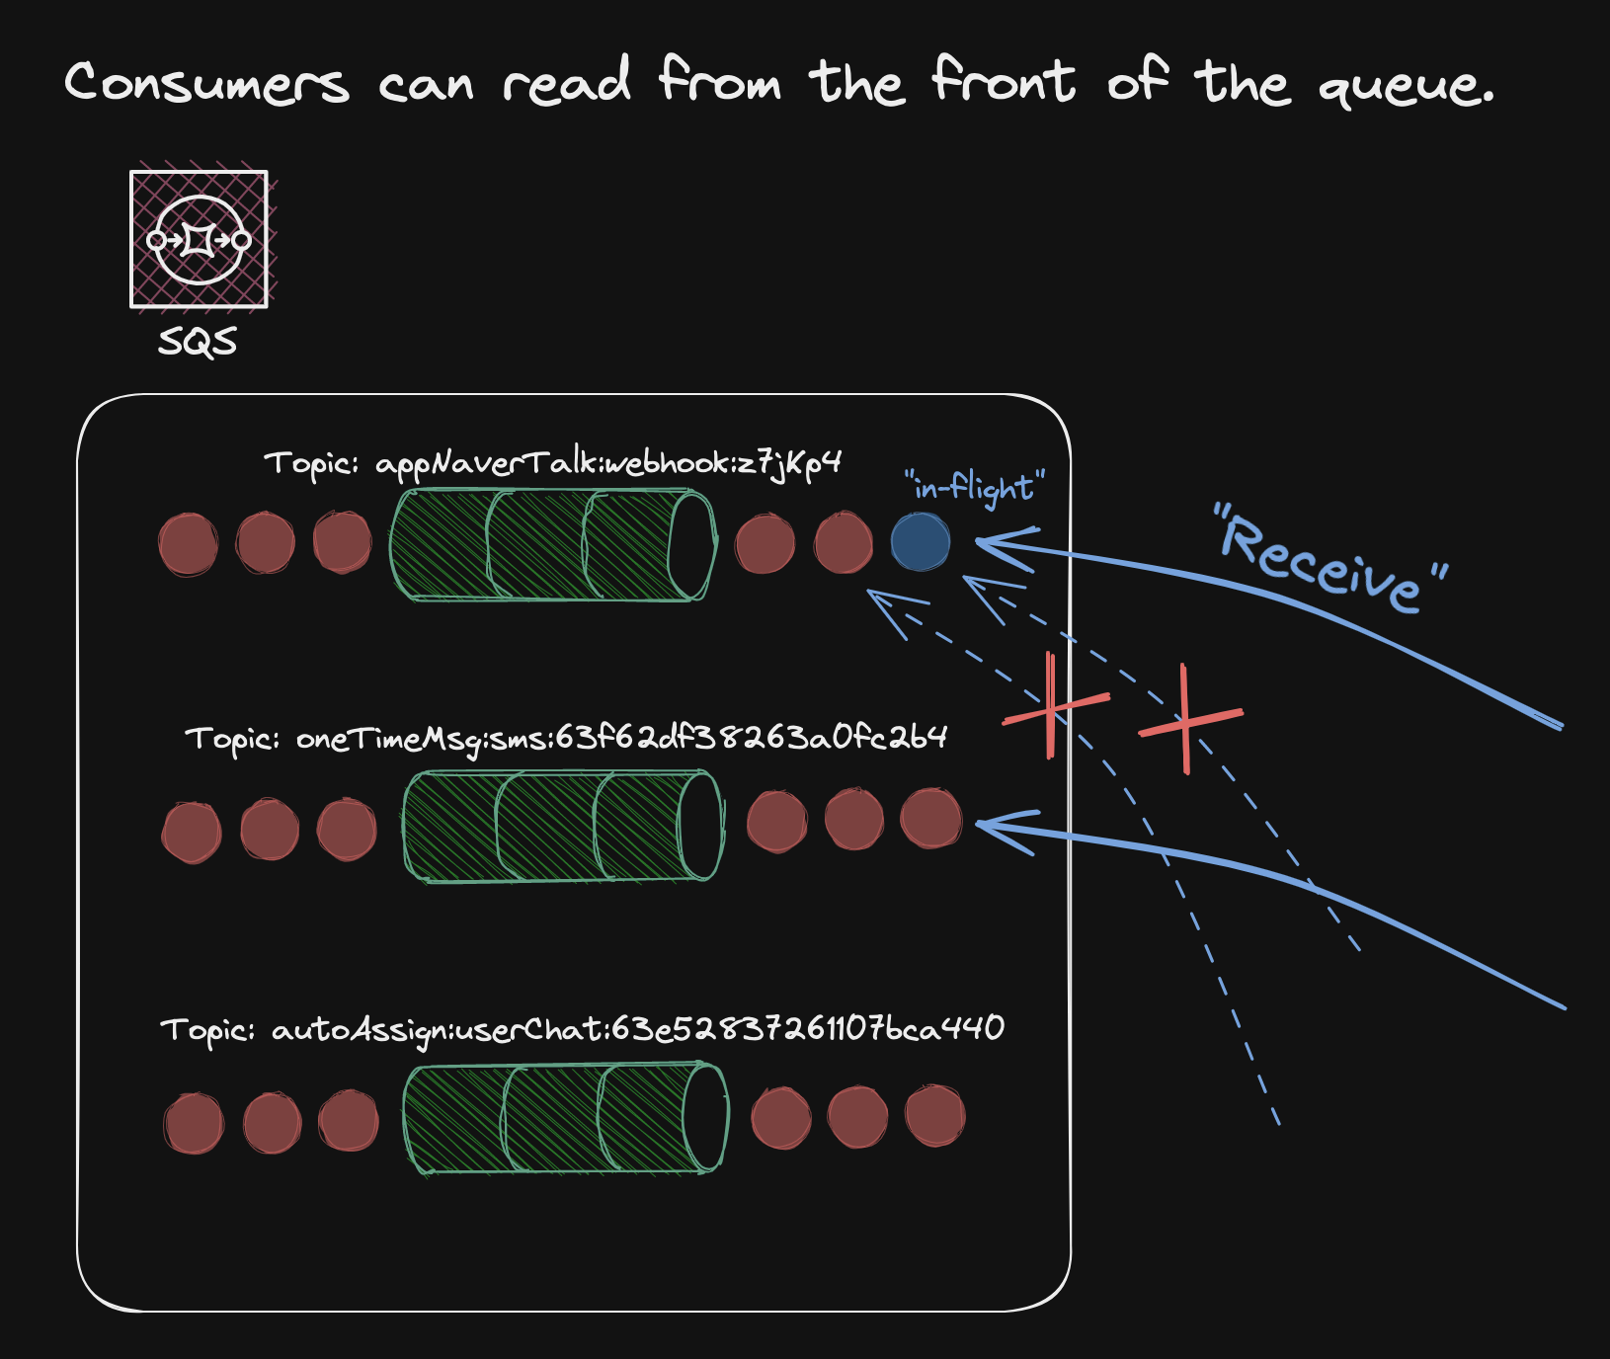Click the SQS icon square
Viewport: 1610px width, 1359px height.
coord(200,239)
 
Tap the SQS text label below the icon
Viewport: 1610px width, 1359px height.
coord(198,342)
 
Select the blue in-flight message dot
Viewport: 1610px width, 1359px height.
coord(921,542)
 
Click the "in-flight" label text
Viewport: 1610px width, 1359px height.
coord(974,486)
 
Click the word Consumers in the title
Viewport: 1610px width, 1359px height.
coord(206,82)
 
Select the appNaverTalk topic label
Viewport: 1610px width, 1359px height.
coord(552,462)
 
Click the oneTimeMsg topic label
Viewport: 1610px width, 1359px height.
coord(566,738)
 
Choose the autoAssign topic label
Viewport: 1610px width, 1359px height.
coord(582,1029)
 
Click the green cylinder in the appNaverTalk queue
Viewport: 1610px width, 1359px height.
coord(553,545)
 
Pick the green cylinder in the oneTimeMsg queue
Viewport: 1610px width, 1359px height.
coord(563,826)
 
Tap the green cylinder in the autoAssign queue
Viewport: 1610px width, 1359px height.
coord(565,1118)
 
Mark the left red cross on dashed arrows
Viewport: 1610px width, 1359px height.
coord(1053,707)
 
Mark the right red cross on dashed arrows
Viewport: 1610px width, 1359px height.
coord(1186,720)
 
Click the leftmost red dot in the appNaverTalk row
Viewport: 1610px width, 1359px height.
coord(188,544)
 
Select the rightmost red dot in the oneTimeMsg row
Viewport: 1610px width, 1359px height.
coord(930,819)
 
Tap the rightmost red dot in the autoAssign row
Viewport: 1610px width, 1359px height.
coord(934,1116)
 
